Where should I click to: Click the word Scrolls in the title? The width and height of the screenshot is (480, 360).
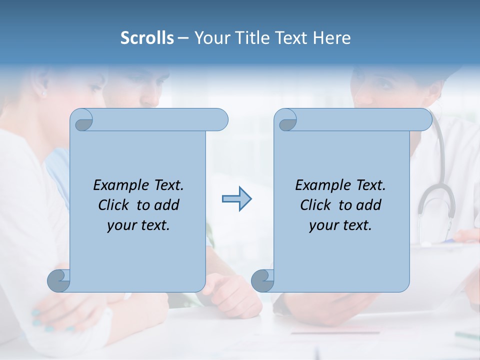point(147,38)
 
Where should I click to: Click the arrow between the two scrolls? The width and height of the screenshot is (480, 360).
point(236,199)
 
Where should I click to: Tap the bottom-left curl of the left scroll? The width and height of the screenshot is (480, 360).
point(59,280)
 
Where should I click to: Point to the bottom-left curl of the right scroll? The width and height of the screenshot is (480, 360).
point(262,280)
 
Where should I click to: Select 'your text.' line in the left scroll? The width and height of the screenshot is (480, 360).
point(138,225)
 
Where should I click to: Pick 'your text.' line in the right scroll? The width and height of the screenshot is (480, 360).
point(340,225)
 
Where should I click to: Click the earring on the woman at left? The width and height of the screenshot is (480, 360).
point(43,93)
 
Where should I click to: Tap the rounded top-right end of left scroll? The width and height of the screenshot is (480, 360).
point(220,120)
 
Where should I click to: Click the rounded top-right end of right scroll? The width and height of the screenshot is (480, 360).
point(424,120)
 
